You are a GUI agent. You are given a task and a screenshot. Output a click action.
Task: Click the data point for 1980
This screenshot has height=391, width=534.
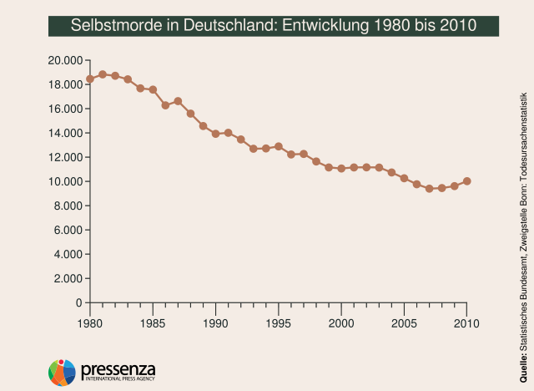[90, 79]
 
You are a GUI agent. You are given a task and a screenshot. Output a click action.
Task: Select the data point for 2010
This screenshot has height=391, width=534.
[467, 180]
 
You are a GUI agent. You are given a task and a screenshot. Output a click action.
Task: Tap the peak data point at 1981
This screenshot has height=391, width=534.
[103, 74]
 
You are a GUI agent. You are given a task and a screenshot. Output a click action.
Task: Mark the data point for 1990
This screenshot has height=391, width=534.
[215, 134]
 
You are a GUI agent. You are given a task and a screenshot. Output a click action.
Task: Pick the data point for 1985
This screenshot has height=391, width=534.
[153, 89]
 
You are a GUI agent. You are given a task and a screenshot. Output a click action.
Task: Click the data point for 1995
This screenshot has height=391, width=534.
[279, 146]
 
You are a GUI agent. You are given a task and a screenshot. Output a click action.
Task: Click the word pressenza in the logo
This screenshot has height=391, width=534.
[118, 368]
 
